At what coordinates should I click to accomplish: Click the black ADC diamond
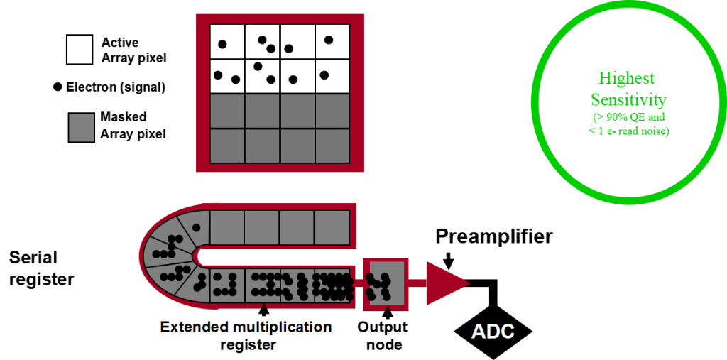click(493, 330)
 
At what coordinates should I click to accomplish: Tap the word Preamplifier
click(493, 236)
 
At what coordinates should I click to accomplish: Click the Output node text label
click(382, 336)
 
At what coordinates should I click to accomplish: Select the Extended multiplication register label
click(246, 336)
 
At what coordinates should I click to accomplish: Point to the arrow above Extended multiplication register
click(264, 310)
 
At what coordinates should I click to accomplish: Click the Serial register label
click(41, 268)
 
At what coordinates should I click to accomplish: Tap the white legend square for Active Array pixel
click(79, 50)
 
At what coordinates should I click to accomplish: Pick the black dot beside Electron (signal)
click(57, 87)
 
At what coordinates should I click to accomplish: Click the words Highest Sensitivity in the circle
click(626, 89)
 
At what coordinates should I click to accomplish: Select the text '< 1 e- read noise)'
click(626, 131)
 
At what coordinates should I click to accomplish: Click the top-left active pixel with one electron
click(227, 41)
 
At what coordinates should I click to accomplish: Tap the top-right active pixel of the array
click(332, 41)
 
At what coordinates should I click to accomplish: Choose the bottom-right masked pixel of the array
click(332, 146)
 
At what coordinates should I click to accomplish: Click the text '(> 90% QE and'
click(626, 117)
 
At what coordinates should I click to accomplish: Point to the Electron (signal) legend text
click(115, 87)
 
